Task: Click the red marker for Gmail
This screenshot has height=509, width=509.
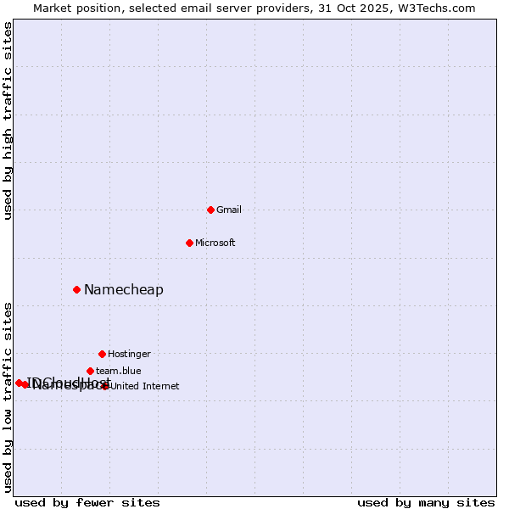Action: [x=210, y=210]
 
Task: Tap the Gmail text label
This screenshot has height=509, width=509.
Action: [x=229, y=210]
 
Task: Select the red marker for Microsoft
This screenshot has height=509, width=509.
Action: [x=189, y=243]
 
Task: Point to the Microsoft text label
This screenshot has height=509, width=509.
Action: [x=215, y=243]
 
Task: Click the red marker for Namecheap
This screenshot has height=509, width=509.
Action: [x=76, y=289]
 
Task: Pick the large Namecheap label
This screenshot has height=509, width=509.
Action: [x=124, y=290]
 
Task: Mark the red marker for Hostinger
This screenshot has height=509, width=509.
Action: [x=102, y=354]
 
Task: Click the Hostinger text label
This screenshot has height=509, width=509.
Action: [x=129, y=354]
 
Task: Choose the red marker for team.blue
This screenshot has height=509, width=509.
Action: [x=90, y=371]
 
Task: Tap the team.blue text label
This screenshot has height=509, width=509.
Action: [x=119, y=371]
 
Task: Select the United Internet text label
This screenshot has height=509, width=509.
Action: [x=145, y=386]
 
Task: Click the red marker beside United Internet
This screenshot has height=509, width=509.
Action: [x=105, y=386]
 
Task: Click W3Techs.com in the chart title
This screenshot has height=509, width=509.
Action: [x=433, y=8]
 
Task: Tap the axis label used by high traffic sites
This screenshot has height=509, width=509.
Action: [x=8, y=120]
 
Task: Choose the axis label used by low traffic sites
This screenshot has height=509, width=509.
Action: [x=8, y=397]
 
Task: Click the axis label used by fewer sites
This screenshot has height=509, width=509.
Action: [x=87, y=502]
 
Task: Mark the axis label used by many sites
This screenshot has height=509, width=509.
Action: [x=426, y=502]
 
